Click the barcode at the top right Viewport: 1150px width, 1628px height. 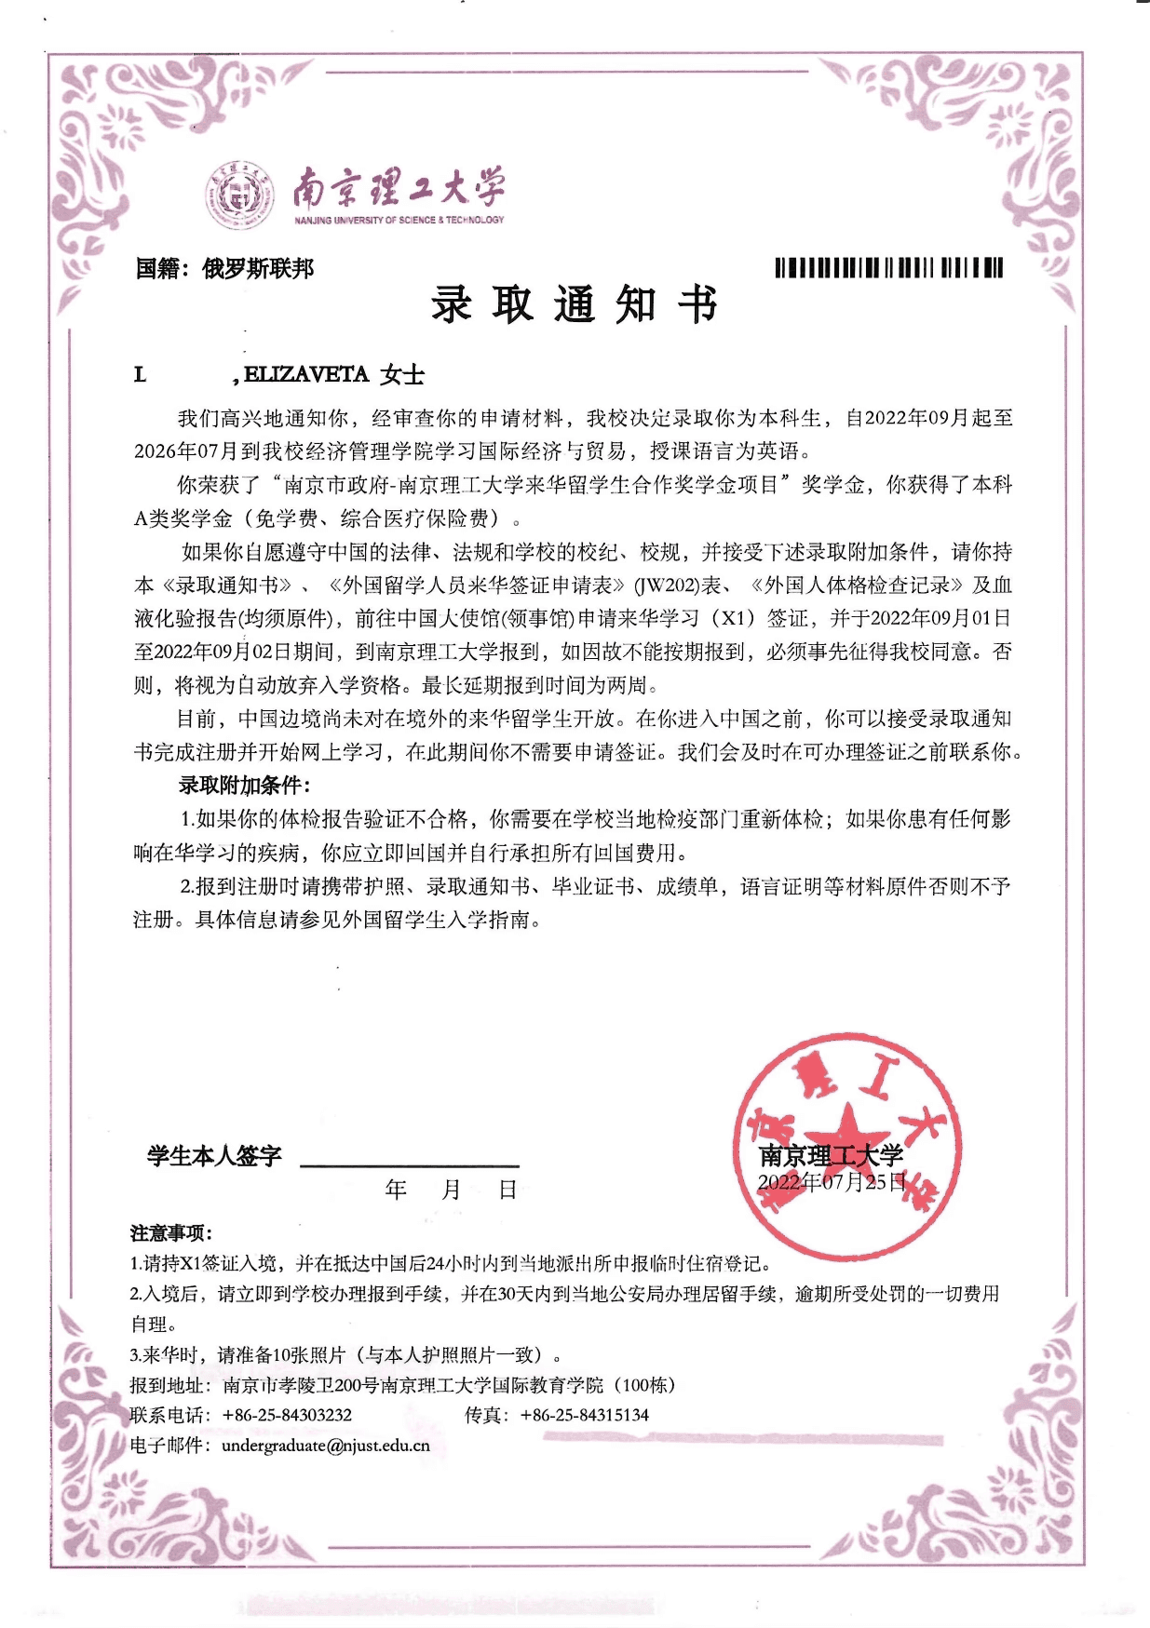point(888,268)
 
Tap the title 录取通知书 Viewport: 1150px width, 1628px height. point(574,304)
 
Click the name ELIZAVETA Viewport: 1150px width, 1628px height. point(306,374)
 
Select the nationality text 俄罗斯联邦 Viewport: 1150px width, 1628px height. point(258,269)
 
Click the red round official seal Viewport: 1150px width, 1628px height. point(847,1146)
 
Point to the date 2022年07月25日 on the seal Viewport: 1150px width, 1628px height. point(831,1182)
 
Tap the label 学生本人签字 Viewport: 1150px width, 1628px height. point(214,1156)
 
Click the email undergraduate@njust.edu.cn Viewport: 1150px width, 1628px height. point(325,1446)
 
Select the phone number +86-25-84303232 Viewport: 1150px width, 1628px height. point(287,1415)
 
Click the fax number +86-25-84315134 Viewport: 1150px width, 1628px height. point(584,1415)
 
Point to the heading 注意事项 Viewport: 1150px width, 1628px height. point(170,1233)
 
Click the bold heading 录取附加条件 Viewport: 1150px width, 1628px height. point(244,785)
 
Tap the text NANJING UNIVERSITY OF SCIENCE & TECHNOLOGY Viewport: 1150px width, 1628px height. point(399,221)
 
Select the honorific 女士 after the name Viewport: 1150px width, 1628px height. point(402,374)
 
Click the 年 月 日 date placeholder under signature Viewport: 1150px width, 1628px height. point(451,1190)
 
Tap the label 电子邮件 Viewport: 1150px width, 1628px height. point(170,1446)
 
